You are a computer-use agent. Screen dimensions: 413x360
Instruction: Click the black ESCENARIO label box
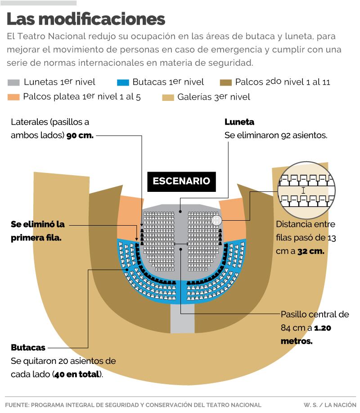pyautogui.click(x=181, y=181)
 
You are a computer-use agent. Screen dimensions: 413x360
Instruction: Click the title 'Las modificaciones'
pyautogui.click(x=86, y=19)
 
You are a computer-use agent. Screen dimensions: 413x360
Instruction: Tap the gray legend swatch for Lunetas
pyautogui.click(x=14, y=82)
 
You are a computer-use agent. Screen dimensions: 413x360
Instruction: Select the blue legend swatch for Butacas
pyautogui.click(x=123, y=82)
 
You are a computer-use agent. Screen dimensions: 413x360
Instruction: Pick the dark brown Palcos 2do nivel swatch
pyautogui.click(x=225, y=82)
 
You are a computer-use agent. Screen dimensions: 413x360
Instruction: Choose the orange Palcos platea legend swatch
pyautogui.click(x=14, y=97)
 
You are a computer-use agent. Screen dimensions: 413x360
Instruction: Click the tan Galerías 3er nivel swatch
pyautogui.click(x=168, y=97)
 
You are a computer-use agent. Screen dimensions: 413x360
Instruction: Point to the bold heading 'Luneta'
pyautogui.click(x=239, y=122)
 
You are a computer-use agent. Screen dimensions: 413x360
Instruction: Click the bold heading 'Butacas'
pyautogui.click(x=28, y=348)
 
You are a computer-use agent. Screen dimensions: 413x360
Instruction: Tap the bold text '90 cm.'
pyautogui.click(x=80, y=136)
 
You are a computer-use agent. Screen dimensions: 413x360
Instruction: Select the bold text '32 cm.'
pyautogui.click(x=310, y=251)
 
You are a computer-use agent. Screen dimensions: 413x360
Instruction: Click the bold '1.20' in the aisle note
pyautogui.click(x=323, y=328)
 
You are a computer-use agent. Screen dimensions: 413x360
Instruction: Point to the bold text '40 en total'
pyautogui.click(x=76, y=374)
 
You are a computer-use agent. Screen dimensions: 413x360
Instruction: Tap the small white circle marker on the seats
pyautogui.click(x=216, y=221)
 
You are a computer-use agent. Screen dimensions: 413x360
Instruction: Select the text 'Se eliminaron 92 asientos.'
pyautogui.click(x=275, y=135)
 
